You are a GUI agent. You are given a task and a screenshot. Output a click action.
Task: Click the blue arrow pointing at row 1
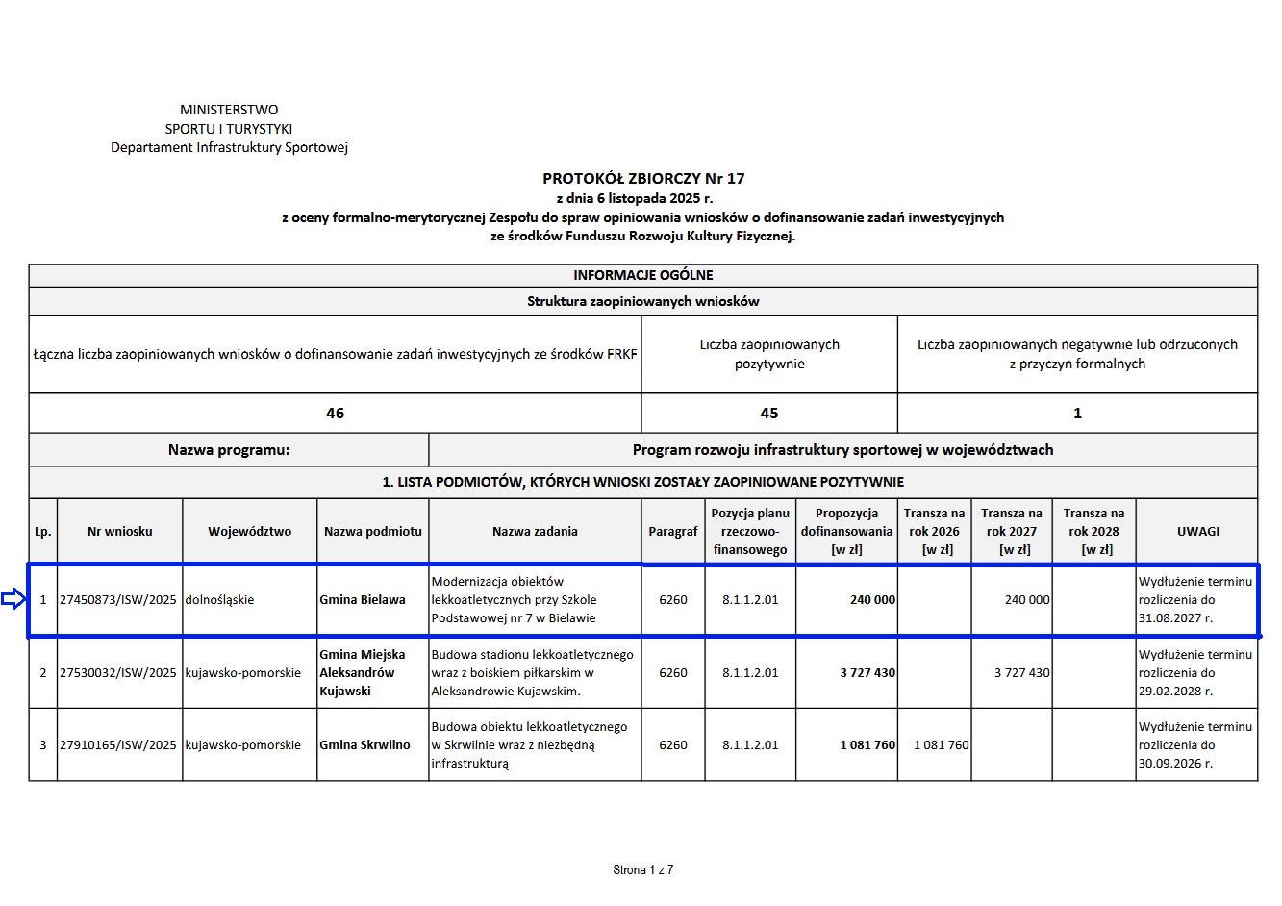click(x=13, y=600)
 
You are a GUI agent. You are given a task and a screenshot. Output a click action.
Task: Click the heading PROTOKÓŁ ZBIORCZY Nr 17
click(x=643, y=178)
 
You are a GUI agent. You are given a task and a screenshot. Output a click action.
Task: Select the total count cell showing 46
click(x=335, y=413)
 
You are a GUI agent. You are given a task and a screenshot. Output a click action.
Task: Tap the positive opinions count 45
click(x=769, y=413)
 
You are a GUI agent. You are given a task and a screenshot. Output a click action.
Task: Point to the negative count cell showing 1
click(x=1077, y=413)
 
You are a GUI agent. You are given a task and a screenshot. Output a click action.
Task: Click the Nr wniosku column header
click(x=119, y=531)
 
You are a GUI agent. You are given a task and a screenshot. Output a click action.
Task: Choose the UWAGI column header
click(x=1197, y=531)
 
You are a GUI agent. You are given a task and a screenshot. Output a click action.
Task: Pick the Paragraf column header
click(x=672, y=531)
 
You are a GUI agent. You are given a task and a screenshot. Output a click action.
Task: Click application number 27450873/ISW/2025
click(x=118, y=600)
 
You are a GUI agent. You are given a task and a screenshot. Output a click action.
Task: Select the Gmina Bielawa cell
click(x=363, y=600)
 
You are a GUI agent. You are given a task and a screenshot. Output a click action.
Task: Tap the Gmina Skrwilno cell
click(x=364, y=745)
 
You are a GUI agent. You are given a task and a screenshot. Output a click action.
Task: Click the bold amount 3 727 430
click(x=867, y=673)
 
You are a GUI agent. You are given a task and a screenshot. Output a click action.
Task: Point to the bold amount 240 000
click(x=872, y=600)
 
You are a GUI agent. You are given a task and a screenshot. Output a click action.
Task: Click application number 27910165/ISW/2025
click(x=118, y=745)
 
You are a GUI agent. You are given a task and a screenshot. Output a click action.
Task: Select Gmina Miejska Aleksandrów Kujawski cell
click(x=363, y=672)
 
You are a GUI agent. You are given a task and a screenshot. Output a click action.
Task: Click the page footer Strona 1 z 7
click(x=642, y=870)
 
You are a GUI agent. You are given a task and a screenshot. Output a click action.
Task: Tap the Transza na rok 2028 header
click(x=1093, y=531)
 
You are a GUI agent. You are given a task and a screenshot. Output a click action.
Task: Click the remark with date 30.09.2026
click(x=1195, y=745)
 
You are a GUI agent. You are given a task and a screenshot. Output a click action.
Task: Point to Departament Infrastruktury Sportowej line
click(x=229, y=147)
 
